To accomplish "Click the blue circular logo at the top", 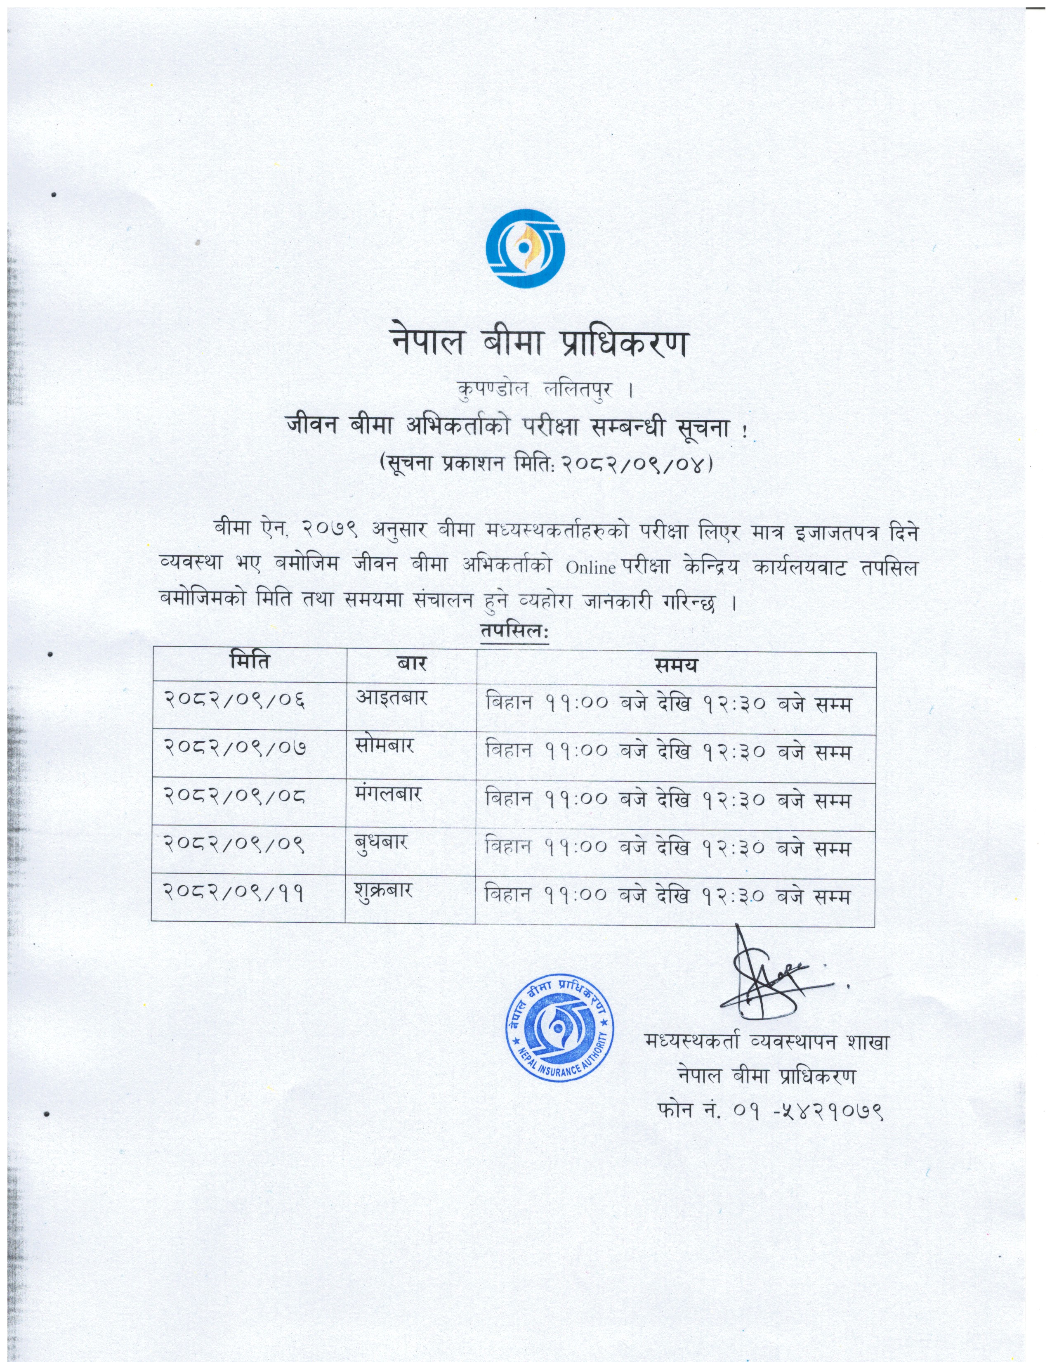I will [x=525, y=249].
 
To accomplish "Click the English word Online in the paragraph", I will [x=591, y=568].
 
